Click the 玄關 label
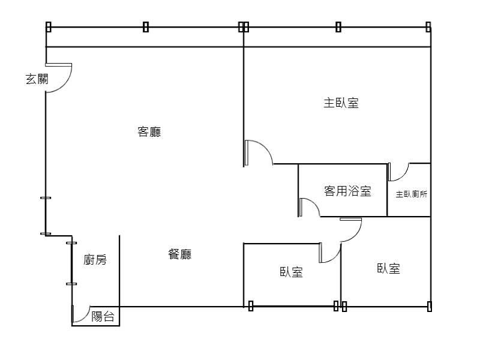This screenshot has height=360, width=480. point(36,79)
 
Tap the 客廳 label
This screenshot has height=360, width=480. point(149,132)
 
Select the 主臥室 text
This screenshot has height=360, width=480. point(341,103)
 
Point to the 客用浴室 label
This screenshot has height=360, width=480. point(347,191)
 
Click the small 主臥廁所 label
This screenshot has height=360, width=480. point(412,194)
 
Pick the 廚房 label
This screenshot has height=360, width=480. point(95,260)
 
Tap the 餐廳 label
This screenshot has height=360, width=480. point(180,254)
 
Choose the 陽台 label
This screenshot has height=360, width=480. point(103,317)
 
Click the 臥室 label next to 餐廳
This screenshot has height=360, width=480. point(291,272)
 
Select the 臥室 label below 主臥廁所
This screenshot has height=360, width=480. point(388,269)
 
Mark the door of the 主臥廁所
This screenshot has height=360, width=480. point(398,172)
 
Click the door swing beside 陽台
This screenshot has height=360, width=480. point(80,316)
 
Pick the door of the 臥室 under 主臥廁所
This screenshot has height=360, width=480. point(352,229)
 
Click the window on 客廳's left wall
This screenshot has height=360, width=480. point(46,215)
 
